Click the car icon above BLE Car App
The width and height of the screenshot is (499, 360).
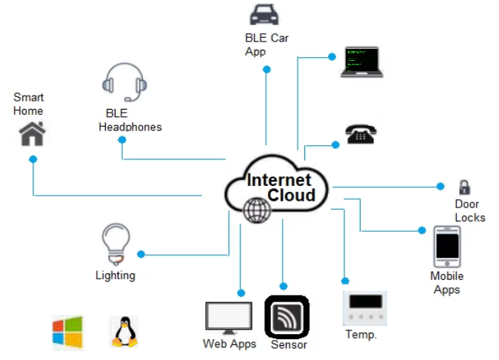264,14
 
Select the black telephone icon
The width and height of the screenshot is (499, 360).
361,133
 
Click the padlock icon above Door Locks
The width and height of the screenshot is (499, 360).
464,187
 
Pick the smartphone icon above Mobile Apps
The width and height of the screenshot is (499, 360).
446,246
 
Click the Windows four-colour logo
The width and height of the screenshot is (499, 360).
67,333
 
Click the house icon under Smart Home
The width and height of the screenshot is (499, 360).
33,134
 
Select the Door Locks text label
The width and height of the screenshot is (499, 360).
469,210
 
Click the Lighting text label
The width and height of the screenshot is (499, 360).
115,276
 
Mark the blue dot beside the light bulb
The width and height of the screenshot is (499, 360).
141,254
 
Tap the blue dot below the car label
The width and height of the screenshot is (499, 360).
267,69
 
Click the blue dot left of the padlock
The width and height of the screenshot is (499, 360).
440,186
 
